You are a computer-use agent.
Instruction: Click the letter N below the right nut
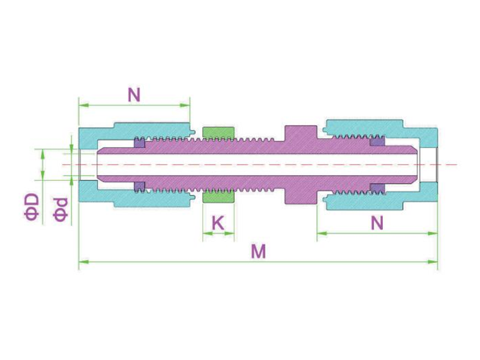point(377,223)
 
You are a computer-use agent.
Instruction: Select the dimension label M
point(259,251)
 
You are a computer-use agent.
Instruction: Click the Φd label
point(61,209)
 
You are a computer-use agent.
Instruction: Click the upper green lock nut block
point(218,132)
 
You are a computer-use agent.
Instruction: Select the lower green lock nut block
point(218,197)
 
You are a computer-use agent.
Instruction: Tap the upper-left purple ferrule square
point(140,142)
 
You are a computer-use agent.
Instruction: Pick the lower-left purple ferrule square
point(140,187)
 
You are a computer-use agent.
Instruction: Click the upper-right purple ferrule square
point(377,142)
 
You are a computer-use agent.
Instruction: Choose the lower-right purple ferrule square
point(377,188)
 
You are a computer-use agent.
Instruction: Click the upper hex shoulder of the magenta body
point(301,133)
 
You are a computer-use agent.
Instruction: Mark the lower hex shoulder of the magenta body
point(301,196)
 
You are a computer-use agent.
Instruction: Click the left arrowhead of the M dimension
point(83,262)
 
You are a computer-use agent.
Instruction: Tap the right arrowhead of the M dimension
point(433,262)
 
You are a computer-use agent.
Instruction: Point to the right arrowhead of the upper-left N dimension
point(185,105)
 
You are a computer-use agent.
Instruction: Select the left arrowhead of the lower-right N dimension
point(322,233)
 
